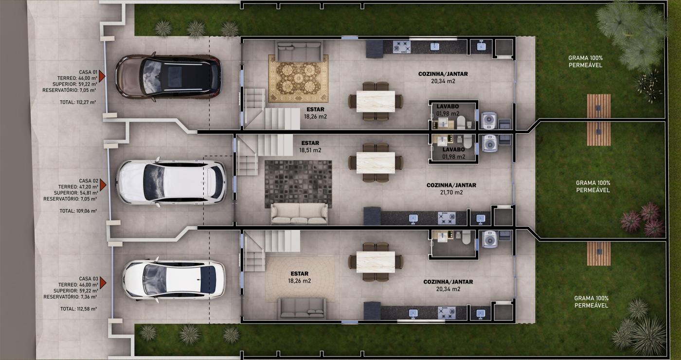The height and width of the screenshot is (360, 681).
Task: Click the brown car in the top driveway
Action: [x=168, y=77]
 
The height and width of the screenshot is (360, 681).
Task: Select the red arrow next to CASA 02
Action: [x=103, y=185]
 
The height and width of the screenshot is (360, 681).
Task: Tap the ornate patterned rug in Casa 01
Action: [x=298, y=78]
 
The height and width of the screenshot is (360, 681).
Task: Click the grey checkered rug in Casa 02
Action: [x=298, y=184]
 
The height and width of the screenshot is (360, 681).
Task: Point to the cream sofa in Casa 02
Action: [x=299, y=214]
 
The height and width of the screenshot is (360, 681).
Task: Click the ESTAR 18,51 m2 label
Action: [x=310, y=146]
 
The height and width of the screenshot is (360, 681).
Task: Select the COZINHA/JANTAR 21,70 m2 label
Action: [x=451, y=189]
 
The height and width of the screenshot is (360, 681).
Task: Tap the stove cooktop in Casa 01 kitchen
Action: [x=402, y=47]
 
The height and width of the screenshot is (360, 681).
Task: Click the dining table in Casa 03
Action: [x=376, y=262]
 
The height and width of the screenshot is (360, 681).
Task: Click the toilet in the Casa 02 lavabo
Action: [x=467, y=142]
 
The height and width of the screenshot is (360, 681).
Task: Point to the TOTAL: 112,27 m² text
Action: [x=78, y=102]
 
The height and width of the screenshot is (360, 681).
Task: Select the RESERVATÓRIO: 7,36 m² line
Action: [x=70, y=297]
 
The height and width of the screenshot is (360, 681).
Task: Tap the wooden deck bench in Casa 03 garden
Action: [x=598, y=253]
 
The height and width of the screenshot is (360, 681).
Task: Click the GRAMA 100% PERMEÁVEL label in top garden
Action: [x=585, y=61]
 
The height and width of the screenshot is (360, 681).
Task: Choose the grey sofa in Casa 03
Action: [x=302, y=308]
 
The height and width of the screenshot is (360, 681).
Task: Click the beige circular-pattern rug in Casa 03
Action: [x=300, y=279]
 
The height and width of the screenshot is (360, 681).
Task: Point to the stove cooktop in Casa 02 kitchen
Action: [x=447, y=218]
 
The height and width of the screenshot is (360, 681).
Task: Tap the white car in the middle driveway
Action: [x=171, y=182]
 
